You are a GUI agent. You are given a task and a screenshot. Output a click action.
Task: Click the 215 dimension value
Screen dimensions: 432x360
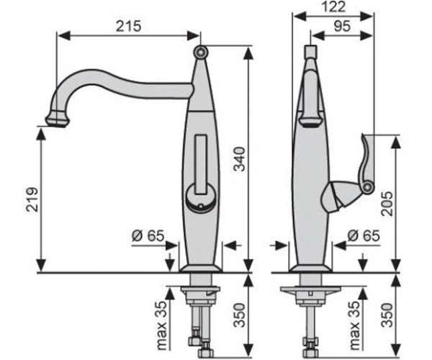128,27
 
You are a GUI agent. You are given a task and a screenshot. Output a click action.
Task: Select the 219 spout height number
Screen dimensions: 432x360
32,199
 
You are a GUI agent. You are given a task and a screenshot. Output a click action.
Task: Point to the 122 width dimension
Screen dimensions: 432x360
333,6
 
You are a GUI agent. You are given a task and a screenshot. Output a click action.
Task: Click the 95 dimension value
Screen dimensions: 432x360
342,27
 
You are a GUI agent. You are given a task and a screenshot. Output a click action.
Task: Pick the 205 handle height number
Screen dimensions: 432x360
387,204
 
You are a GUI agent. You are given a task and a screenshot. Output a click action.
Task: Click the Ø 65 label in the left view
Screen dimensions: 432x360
148,235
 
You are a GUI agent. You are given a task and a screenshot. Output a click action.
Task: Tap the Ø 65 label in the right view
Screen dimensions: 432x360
364,235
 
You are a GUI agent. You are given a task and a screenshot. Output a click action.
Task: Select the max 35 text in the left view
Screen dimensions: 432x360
161,325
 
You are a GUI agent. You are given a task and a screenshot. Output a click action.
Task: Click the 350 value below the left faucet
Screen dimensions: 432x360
239,315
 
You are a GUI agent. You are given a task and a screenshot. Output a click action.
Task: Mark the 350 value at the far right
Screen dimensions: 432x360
387,315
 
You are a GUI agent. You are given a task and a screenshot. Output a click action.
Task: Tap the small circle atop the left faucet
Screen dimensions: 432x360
201,52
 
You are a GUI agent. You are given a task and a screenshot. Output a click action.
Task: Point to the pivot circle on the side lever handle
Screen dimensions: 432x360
366,187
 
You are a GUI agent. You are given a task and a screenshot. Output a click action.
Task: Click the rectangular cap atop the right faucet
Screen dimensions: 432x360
311,51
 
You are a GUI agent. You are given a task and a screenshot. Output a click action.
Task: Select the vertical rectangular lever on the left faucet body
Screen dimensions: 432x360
201,164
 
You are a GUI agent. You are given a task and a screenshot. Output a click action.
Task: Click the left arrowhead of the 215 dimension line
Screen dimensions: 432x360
63,35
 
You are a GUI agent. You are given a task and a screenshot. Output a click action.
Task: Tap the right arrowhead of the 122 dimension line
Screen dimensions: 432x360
366,16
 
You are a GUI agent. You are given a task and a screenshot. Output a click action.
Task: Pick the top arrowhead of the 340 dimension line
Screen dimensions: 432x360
248,53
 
